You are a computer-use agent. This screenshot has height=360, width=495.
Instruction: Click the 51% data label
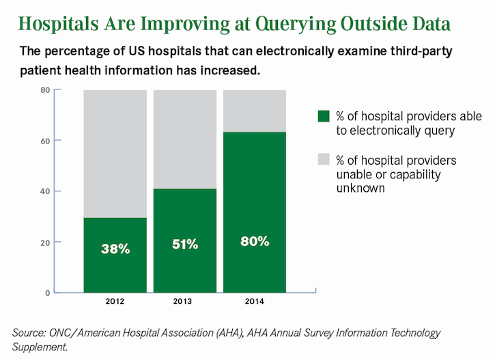coord(184,244)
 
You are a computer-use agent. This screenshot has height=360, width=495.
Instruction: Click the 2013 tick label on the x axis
coord(184,302)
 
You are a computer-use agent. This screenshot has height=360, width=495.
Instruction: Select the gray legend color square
coord(324,161)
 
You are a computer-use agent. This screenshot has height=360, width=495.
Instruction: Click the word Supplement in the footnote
coord(41,347)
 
